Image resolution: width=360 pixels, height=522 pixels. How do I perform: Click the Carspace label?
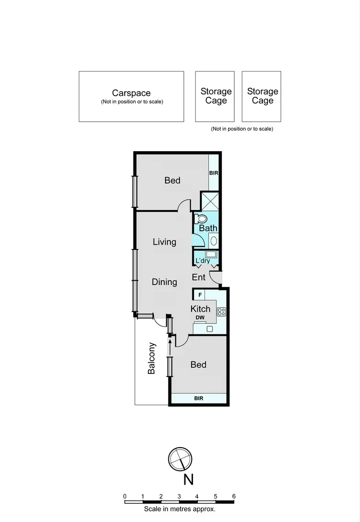click(x=131, y=93)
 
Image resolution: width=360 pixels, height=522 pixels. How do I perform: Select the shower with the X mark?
click(x=209, y=201)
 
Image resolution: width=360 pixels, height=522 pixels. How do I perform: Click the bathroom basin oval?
click(x=214, y=240)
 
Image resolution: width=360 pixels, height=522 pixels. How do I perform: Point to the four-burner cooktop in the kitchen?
click(x=221, y=311)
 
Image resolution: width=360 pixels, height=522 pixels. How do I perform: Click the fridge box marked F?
click(x=199, y=294)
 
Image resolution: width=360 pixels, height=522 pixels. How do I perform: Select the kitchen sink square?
click(x=209, y=329)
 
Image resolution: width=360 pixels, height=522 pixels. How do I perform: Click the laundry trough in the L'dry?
click(x=211, y=254)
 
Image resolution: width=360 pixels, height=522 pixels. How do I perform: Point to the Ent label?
click(x=199, y=277)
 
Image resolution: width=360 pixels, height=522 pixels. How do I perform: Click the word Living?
click(x=165, y=242)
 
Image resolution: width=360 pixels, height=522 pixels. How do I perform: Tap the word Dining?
click(x=165, y=282)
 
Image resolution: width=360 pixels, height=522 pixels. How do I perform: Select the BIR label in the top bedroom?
click(x=214, y=172)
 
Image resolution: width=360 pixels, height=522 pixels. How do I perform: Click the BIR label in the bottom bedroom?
click(x=198, y=398)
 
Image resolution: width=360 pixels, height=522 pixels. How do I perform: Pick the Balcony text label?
click(x=152, y=358)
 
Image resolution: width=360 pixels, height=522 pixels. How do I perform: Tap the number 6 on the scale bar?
click(x=234, y=497)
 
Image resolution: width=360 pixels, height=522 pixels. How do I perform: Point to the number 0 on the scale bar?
click(x=125, y=497)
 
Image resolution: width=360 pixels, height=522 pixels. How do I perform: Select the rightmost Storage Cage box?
click(x=262, y=96)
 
